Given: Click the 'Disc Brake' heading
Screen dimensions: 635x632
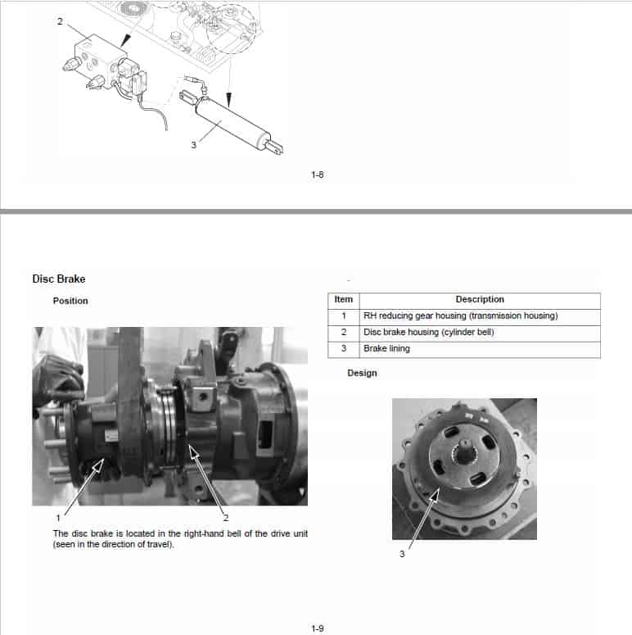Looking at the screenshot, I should tap(58, 279).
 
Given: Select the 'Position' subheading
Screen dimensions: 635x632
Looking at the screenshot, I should tap(70, 301).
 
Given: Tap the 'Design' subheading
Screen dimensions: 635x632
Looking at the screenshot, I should tap(362, 373).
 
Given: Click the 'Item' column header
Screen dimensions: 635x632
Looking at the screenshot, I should tap(344, 300).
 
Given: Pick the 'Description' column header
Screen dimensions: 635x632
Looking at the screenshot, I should tap(480, 300).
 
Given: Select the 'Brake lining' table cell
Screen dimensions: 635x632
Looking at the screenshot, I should tap(387, 349).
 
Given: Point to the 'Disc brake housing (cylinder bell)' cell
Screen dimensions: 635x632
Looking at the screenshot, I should tap(428, 333).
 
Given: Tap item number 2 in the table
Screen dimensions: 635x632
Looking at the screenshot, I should tap(344, 333).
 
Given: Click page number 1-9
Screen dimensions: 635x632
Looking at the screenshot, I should tap(318, 628).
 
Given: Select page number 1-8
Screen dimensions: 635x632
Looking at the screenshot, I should tap(318, 174).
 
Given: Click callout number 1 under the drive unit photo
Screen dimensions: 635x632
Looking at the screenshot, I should tap(58, 517).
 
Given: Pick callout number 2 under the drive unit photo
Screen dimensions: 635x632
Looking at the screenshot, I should tap(225, 517).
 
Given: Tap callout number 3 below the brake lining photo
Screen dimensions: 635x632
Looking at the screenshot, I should tap(402, 554).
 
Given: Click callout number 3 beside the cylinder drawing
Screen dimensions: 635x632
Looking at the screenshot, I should tap(193, 145).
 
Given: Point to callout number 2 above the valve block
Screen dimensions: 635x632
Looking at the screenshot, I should tap(59, 21).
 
